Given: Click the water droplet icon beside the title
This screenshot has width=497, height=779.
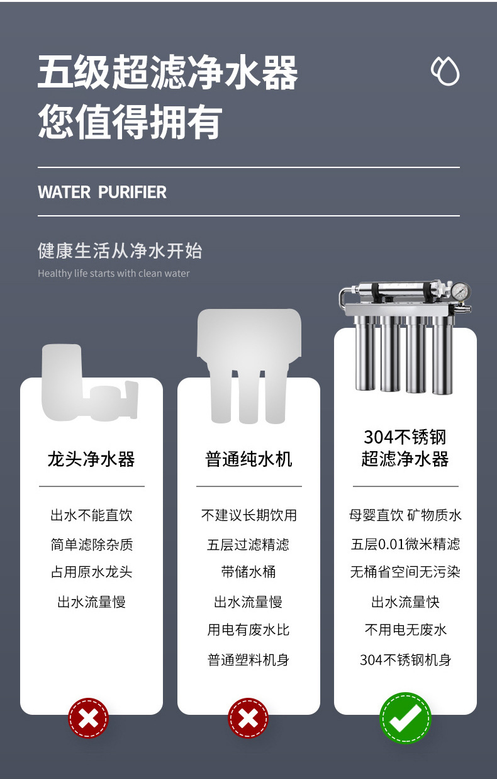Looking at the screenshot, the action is click(x=445, y=71).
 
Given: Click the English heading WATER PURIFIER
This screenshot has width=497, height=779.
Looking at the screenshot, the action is click(x=102, y=192).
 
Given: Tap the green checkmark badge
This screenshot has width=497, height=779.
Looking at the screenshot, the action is click(x=405, y=718).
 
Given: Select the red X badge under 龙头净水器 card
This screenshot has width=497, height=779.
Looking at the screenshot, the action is click(x=88, y=718).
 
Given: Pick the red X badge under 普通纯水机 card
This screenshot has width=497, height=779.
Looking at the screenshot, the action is click(x=248, y=718).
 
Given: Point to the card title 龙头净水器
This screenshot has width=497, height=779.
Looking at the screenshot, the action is click(x=91, y=459).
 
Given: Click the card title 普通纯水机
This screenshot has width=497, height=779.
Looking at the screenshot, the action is click(x=248, y=459).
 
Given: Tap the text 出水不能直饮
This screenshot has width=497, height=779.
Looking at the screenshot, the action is click(x=91, y=515).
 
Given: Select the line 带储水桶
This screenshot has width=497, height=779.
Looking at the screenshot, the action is click(x=248, y=572).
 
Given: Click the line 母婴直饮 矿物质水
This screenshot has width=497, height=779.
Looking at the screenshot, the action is click(x=405, y=515).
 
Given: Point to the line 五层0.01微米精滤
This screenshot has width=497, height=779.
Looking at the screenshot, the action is click(x=405, y=544).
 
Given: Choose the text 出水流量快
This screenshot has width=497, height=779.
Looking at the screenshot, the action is click(x=405, y=602).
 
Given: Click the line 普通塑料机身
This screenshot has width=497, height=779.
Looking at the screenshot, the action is click(x=248, y=659).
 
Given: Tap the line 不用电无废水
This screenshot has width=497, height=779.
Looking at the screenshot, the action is click(x=405, y=630).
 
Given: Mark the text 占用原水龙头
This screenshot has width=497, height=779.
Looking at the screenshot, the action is click(x=91, y=572).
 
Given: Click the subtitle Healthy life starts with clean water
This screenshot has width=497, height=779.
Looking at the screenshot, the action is click(x=114, y=273).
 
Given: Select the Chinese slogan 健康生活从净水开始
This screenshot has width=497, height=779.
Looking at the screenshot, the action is click(x=120, y=250).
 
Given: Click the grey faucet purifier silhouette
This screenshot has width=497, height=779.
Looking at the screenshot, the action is click(x=90, y=383).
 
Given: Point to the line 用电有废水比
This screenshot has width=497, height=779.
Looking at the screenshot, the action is click(x=248, y=630).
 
